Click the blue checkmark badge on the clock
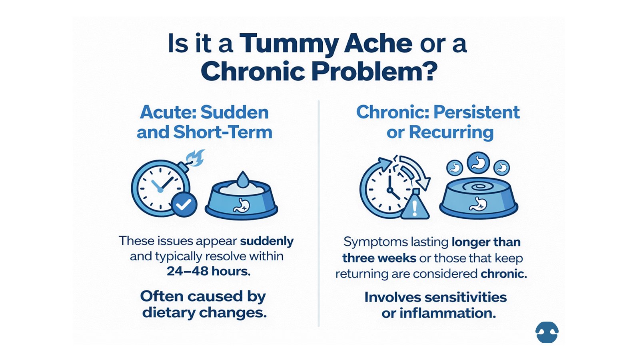(x=184, y=204)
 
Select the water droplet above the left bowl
(x=242, y=179)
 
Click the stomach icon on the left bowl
(x=241, y=206)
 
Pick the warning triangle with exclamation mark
(x=415, y=206)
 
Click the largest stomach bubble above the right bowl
(x=478, y=162)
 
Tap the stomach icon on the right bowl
(x=478, y=204)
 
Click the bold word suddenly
(x=267, y=241)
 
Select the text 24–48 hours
(x=208, y=271)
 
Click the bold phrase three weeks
(x=379, y=258)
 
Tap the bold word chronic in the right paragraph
(x=503, y=274)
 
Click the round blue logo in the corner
(x=547, y=332)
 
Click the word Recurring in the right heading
(x=451, y=132)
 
